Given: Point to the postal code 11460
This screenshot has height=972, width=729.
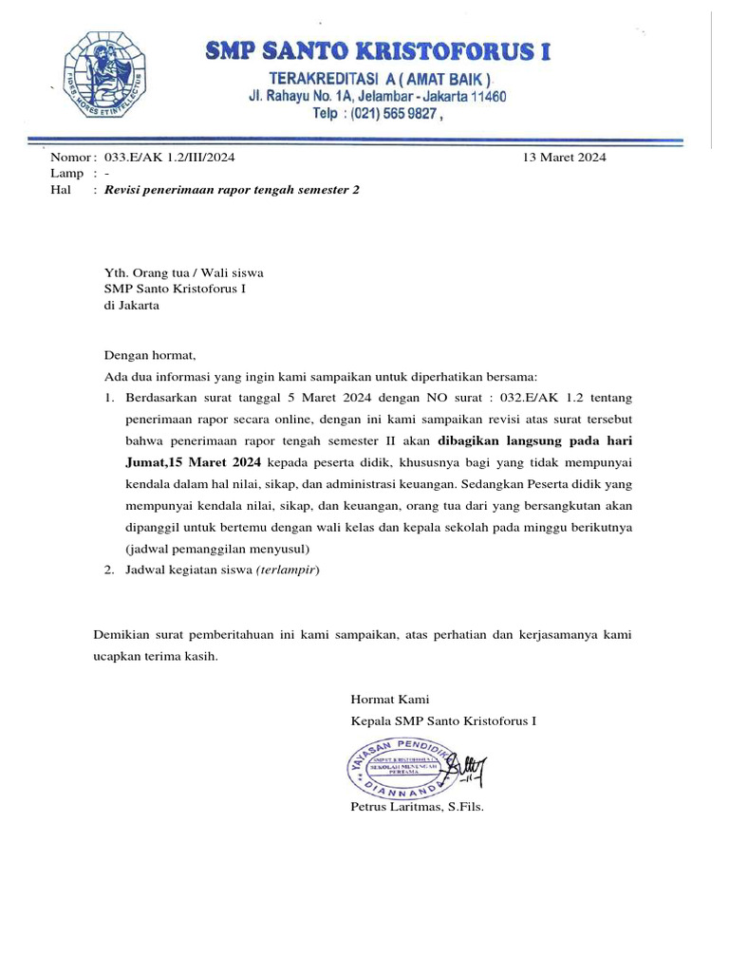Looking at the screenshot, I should point(485,97).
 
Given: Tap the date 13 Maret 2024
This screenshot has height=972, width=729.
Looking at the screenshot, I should point(564,158).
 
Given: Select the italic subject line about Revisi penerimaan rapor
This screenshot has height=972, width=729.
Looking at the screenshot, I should point(232,190).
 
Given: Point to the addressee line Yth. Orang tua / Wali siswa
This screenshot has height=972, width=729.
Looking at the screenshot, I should point(183,272).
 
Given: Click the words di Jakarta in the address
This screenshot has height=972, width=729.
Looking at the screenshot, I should point(132,307).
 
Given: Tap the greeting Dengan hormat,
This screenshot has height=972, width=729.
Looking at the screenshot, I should point(149,357).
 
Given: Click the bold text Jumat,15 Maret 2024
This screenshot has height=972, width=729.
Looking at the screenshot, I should point(193,461).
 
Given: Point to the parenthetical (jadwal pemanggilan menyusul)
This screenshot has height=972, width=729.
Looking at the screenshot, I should point(217,549).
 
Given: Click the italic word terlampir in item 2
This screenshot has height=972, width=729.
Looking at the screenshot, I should point(288,570).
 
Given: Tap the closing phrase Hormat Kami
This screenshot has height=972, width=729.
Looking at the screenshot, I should point(390,700).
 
